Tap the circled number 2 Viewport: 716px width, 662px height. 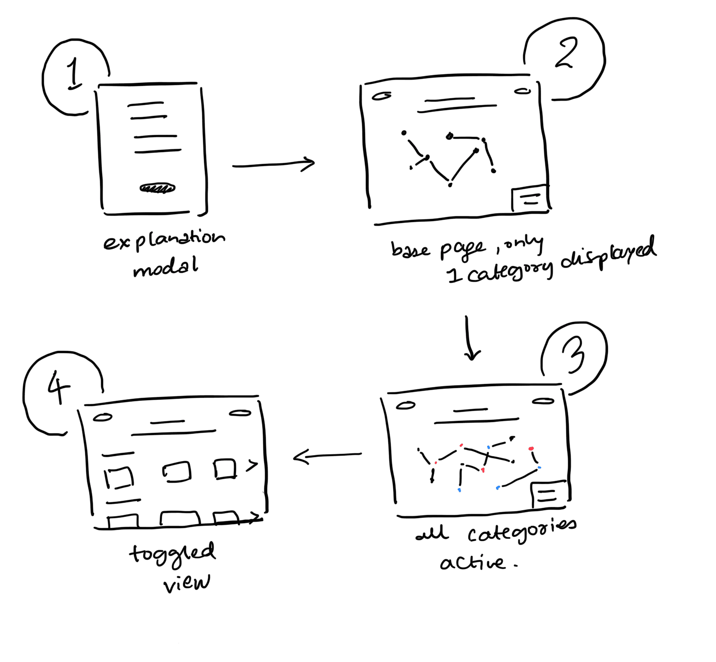pos(566,53)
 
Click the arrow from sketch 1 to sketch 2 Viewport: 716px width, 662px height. pos(274,164)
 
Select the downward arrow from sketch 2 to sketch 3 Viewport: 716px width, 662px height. pos(470,338)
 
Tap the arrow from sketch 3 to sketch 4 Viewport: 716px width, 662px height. pos(327,455)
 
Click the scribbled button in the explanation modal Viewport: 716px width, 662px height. pos(158,188)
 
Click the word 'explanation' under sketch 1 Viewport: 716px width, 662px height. pos(164,240)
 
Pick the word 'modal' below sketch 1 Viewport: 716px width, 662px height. pos(165,268)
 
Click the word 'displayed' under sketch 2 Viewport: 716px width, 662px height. pos(608,254)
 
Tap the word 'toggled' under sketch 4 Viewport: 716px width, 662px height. pos(172,554)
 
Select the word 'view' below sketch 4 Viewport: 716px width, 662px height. pos(186,583)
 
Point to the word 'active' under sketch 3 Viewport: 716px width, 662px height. pos(472,563)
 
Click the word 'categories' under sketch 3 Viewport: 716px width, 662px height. pos(522,531)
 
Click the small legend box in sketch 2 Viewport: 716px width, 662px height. pos(530,199)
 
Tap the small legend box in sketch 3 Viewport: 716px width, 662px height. pos(549,494)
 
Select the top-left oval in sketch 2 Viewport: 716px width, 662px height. pos(381,96)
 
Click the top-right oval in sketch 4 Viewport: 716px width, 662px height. pos(240,413)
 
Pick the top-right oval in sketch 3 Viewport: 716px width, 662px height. pos(543,401)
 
